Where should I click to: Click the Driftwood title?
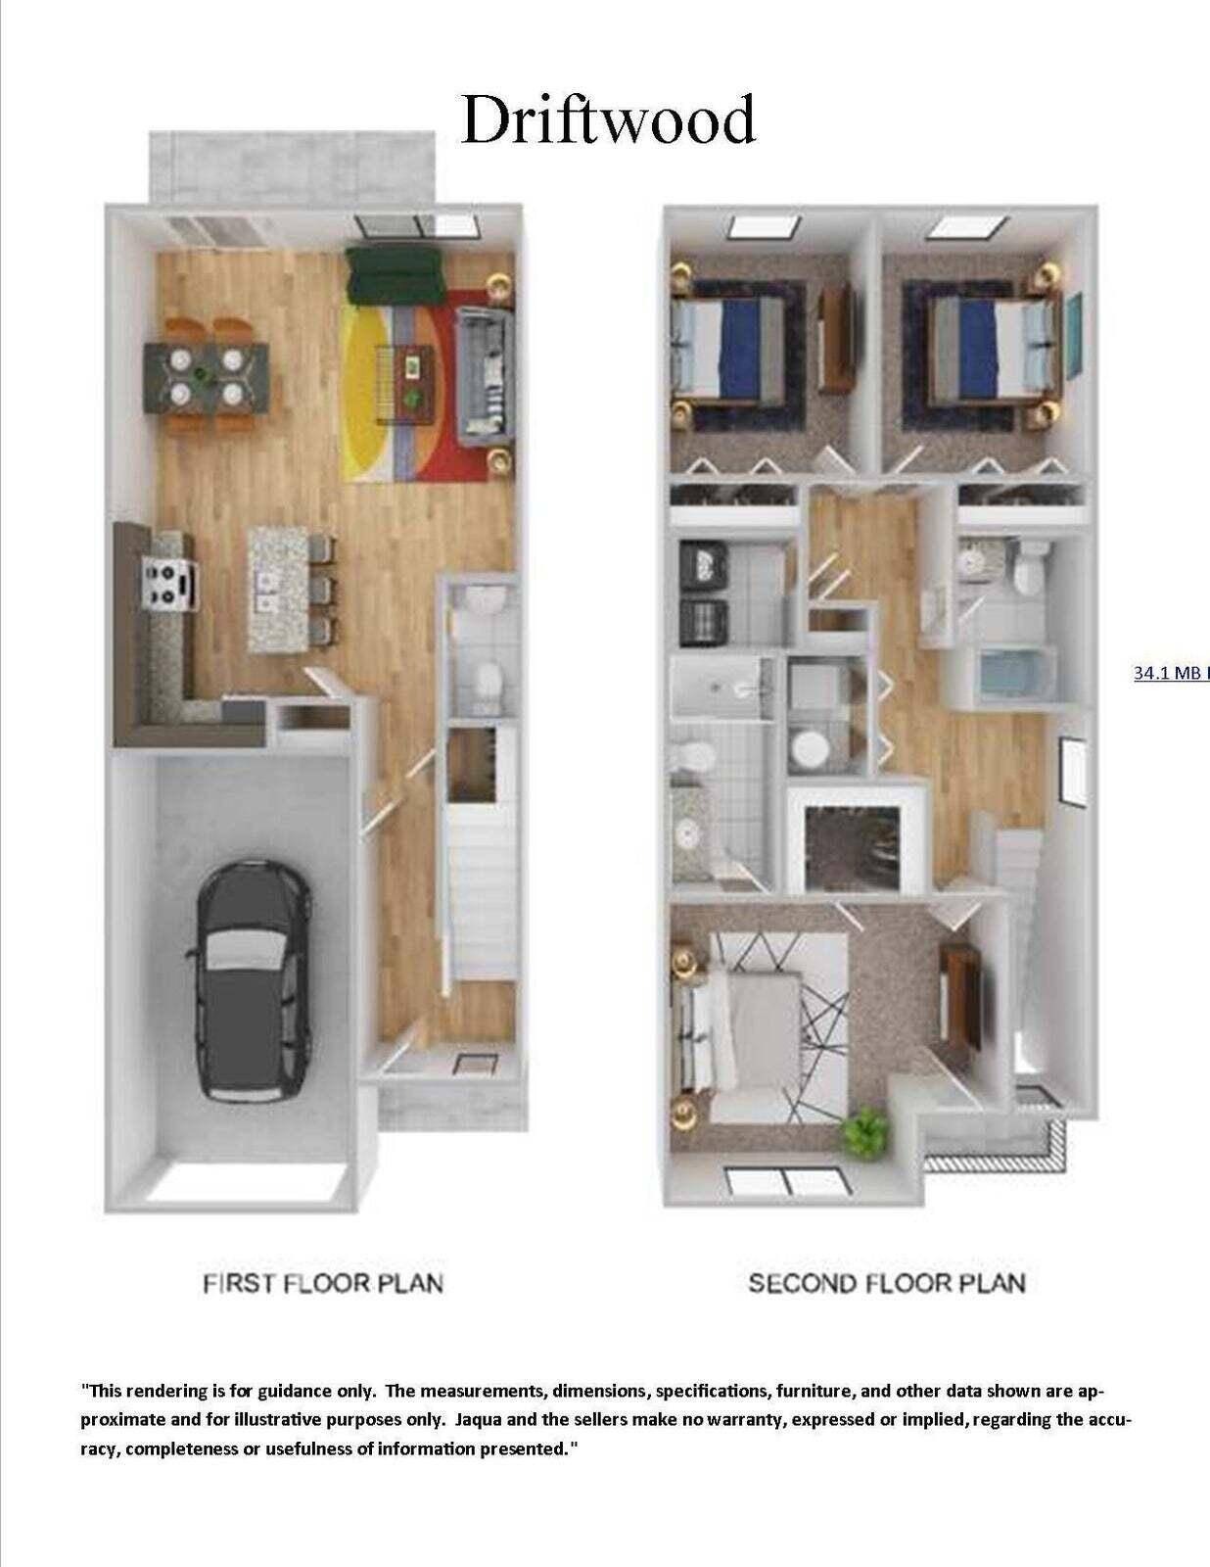tap(607, 119)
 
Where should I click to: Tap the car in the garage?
tap(254, 980)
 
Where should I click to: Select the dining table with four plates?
tap(207, 375)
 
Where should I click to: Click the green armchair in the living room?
tap(395, 275)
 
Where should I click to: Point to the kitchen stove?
tap(170, 584)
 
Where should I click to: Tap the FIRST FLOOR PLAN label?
tap(323, 1283)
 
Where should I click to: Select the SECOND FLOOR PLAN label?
tap(886, 1283)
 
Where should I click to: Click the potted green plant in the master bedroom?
tap(865, 1131)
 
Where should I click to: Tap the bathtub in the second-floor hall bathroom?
tap(1013, 676)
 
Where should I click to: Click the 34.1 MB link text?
tap(1170, 674)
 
